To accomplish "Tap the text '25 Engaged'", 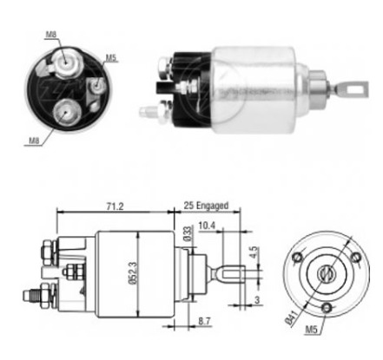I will [x=206, y=206].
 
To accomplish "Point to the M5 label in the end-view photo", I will [x=110, y=59].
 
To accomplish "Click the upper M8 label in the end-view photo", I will [x=51, y=34].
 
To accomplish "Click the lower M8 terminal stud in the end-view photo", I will [x=66, y=110].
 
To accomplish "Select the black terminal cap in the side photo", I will [x=187, y=85].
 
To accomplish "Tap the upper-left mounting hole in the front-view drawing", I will [x=298, y=257].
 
